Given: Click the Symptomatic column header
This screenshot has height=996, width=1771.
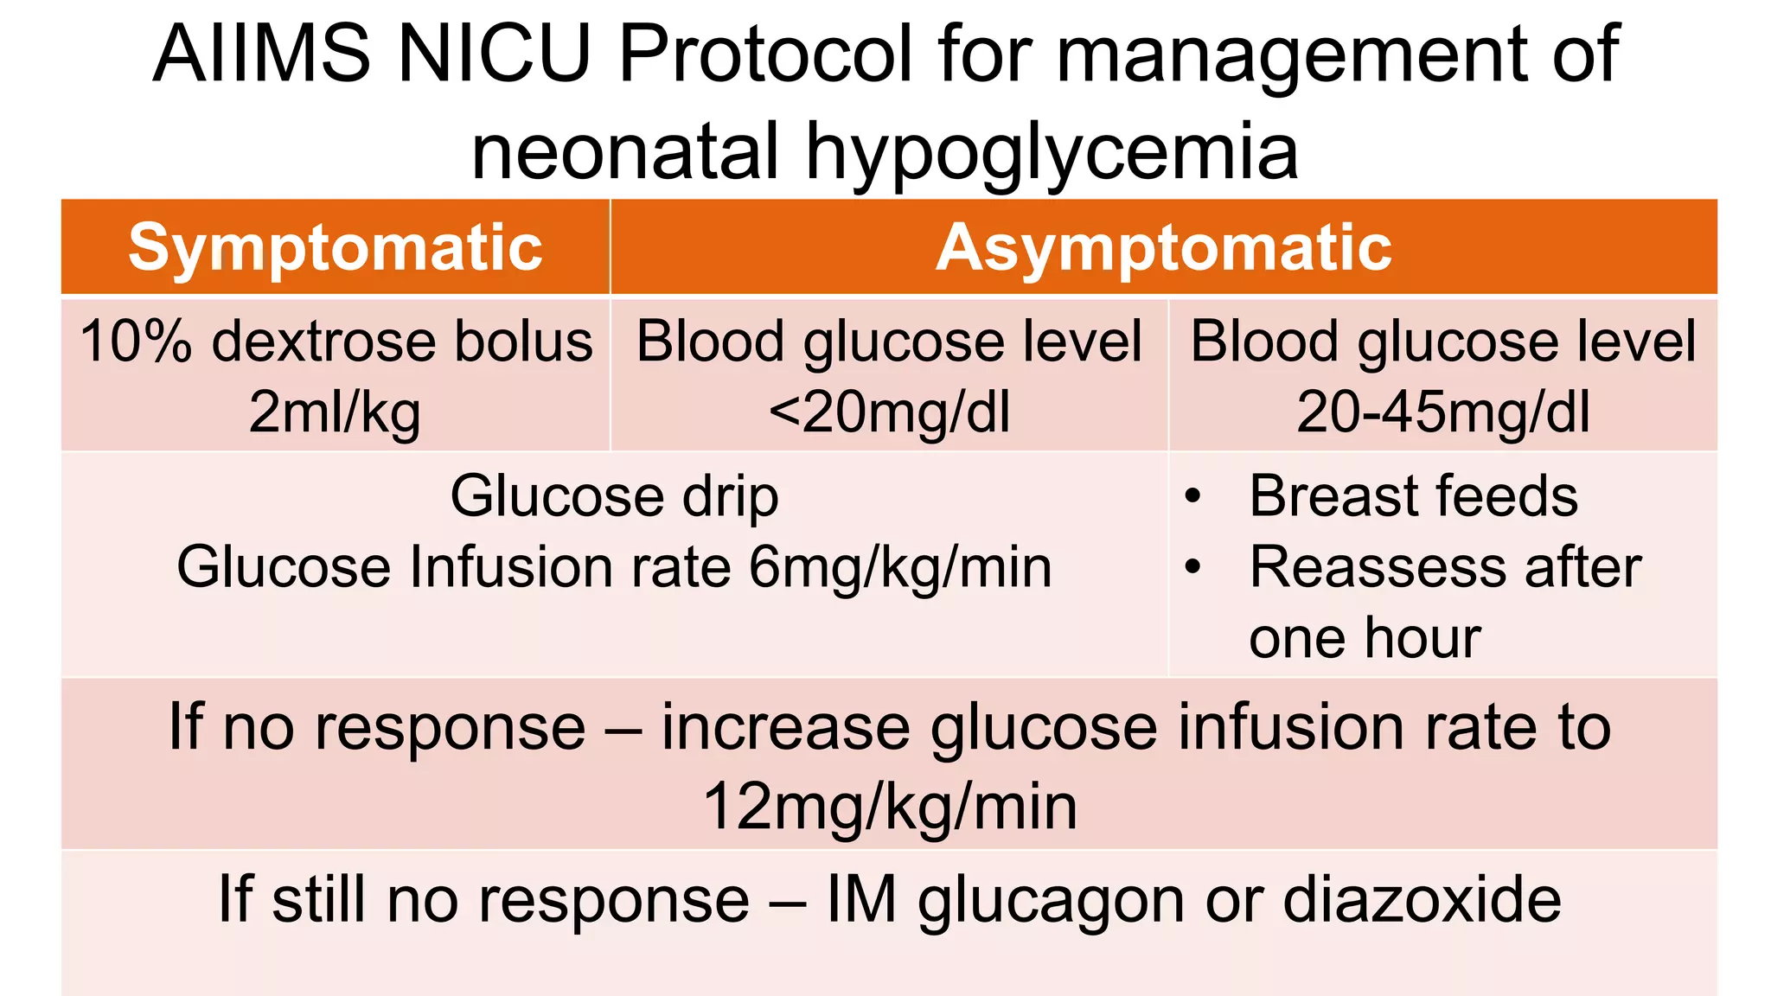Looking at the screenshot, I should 336,248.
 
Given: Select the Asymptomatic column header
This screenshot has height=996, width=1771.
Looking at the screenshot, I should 1163,248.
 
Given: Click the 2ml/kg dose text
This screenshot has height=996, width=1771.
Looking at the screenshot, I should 336,412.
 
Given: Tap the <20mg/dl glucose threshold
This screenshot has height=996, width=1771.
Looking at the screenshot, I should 889,412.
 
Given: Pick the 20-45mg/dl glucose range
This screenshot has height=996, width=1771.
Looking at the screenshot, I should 1442,412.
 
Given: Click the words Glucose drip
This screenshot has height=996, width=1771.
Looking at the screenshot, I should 614,496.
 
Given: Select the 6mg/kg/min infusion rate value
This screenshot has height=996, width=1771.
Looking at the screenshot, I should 900,568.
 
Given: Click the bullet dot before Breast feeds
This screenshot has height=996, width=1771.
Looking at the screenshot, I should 1193,496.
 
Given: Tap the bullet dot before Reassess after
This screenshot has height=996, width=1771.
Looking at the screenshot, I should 1193,567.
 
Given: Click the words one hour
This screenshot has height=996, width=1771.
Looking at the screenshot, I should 1365,638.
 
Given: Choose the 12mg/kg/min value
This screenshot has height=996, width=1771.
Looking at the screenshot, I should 890,808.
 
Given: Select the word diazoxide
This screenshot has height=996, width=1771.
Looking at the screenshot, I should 1423,899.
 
